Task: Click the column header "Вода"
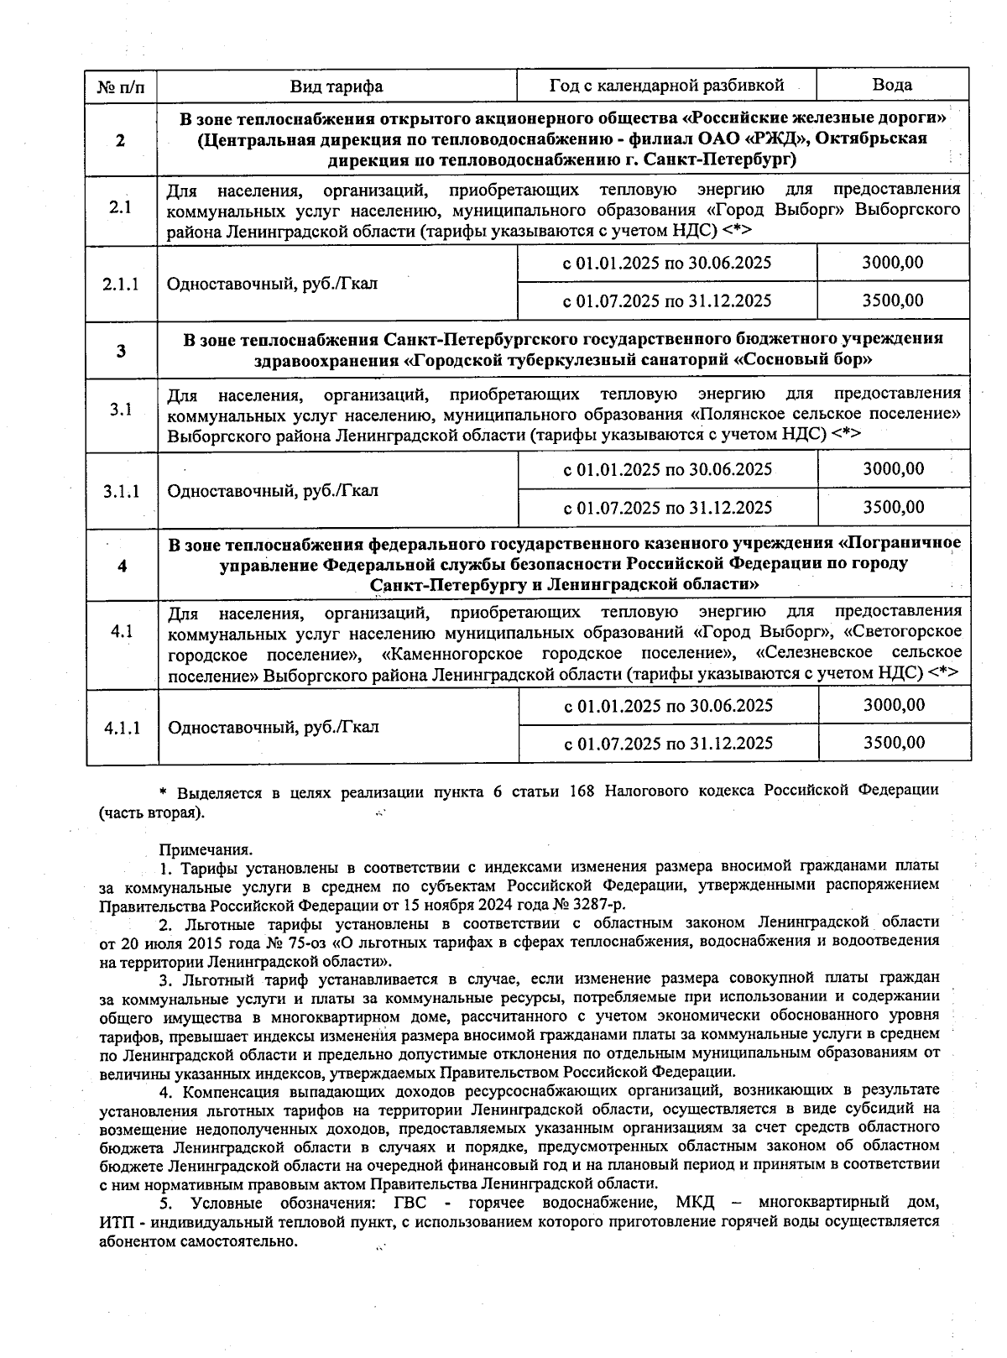(x=892, y=85)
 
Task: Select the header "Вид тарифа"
(x=337, y=86)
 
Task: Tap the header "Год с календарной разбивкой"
(x=666, y=86)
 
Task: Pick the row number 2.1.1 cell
(x=121, y=284)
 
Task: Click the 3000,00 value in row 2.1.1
(x=893, y=263)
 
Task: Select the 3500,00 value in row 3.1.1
(x=894, y=507)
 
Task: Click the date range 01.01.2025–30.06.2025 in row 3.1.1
(x=668, y=469)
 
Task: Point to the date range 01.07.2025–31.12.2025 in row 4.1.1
(x=668, y=744)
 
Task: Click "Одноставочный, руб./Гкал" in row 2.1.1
(x=273, y=284)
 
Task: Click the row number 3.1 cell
(x=122, y=410)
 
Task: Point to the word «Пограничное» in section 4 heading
(x=905, y=544)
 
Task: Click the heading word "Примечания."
(x=206, y=850)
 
